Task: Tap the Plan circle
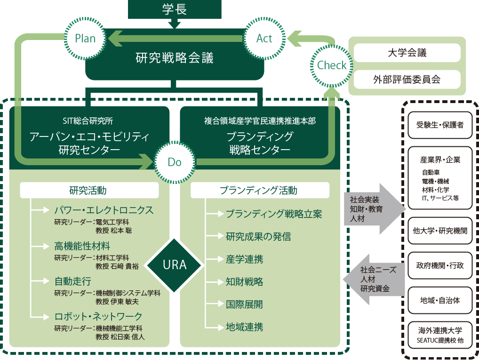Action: click(85, 38)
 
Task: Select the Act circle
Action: click(264, 38)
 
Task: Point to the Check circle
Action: click(331, 65)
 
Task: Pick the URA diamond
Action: click(175, 265)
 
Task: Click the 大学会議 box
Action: click(407, 53)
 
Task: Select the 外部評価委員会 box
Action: click(407, 79)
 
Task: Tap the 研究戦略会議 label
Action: click(174, 58)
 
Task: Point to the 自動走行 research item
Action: click(72, 282)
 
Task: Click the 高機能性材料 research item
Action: click(82, 246)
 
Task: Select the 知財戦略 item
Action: click(244, 282)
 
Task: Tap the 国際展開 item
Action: click(244, 304)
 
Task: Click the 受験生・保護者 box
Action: click(440, 125)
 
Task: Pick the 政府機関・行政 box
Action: click(440, 265)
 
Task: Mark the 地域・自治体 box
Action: click(440, 300)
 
